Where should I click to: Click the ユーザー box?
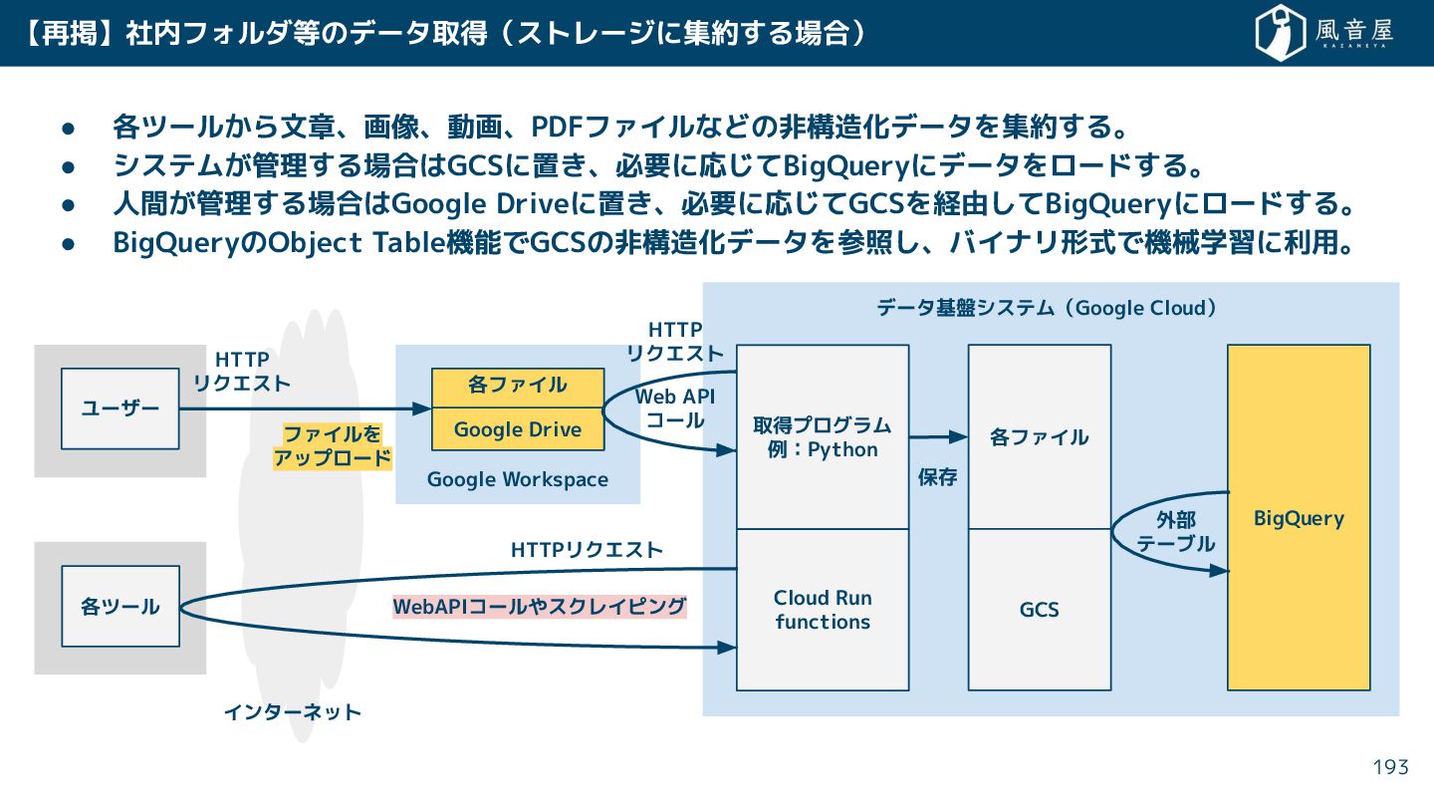pyautogui.click(x=119, y=408)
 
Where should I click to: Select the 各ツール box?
pyautogui.click(x=119, y=606)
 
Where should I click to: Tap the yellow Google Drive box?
pyautogui.click(x=518, y=429)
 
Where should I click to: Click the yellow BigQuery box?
pyautogui.click(x=1299, y=518)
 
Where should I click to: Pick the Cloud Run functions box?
pyautogui.click(x=823, y=610)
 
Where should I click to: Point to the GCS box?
pyautogui.click(x=1039, y=610)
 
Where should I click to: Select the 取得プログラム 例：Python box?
pyautogui.click(x=823, y=437)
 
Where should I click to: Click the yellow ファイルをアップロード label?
pyautogui.click(x=333, y=446)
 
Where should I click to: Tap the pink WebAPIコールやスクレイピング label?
pyautogui.click(x=540, y=607)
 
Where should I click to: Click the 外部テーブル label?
pyautogui.click(x=1176, y=532)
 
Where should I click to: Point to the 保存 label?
pyautogui.click(x=937, y=477)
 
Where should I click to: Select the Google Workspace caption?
pyautogui.click(x=518, y=479)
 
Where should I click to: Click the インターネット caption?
pyautogui.click(x=292, y=712)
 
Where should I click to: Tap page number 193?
pyautogui.click(x=1391, y=766)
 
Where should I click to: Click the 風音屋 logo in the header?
pyautogui.click(x=1324, y=33)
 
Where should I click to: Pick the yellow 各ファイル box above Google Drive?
pyautogui.click(x=518, y=386)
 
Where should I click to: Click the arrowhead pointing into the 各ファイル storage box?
pyautogui.click(x=960, y=436)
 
